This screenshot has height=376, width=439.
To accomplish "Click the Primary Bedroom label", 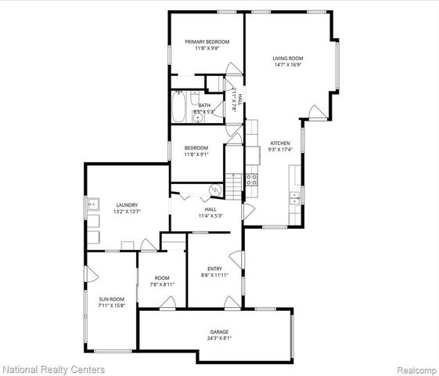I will (x=207, y=42).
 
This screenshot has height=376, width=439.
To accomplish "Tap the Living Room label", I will (x=287, y=58).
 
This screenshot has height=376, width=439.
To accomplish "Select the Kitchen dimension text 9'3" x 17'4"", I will (x=280, y=150).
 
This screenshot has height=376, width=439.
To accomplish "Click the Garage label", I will (x=218, y=331).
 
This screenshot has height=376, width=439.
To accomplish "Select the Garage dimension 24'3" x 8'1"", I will (x=218, y=338).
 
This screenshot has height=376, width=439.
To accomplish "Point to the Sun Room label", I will (x=110, y=298).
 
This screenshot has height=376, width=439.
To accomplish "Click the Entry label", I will (x=214, y=269).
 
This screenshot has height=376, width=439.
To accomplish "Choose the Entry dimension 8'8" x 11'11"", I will (x=214, y=275).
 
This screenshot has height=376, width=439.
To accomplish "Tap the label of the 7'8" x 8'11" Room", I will (x=162, y=277).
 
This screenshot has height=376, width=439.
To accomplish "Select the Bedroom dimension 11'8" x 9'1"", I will (x=196, y=154).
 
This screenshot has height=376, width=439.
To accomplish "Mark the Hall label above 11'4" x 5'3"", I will (x=211, y=209).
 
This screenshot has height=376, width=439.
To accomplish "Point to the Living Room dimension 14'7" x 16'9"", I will (x=287, y=64).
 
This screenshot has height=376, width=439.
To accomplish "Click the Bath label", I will (x=203, y=105).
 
